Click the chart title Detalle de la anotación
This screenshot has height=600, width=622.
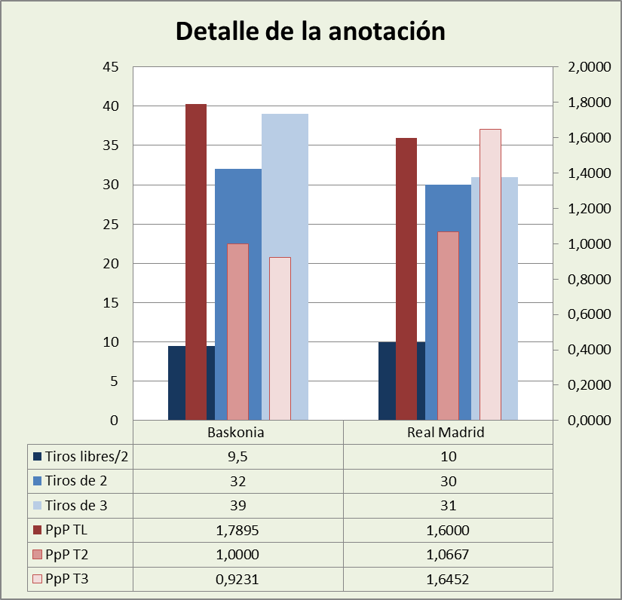pyautogui.click(x=310, y=32)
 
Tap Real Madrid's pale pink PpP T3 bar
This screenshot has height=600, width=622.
pyautogui.click(x=490, y=271)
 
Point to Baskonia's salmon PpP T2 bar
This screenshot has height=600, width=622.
pyautogui.click(x=237, y=332)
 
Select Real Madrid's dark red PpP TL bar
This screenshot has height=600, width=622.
pyautogui.click(x=406, y=279)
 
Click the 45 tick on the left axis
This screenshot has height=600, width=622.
pyautogui.click(x=111, y=67)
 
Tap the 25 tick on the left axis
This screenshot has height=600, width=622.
pyautogui.click(x=111, y=225)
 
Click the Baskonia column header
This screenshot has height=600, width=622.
pyautogui.click(x=238, y=433)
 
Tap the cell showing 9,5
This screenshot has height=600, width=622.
pyautogui.click(x=238, y=457)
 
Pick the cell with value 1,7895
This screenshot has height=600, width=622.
pyautogui.click(x=238, y=531)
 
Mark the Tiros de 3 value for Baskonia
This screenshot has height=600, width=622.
pyautogui.click(x=238, y=506)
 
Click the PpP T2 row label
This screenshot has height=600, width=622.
pyautogui.click(x=68, y=556)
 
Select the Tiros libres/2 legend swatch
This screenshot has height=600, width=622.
pyautogui.click(x=36, y=457)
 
